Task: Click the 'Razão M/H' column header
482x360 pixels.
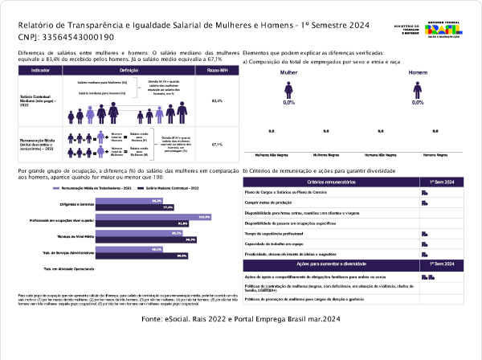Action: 217,71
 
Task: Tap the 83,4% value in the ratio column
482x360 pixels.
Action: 217,101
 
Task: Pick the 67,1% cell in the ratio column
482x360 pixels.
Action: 217,145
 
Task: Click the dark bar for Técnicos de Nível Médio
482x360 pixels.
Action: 146,239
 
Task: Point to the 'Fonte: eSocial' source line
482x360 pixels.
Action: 241,319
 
